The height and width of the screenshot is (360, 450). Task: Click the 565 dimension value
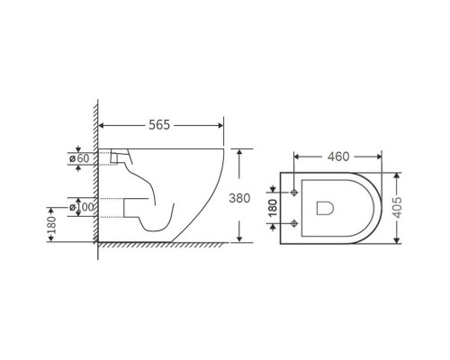pos(159,125)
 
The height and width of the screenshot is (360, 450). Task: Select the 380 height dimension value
pos(239,198)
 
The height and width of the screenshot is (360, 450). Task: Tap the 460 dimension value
pos(338,157)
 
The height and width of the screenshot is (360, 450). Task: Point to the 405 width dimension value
pos(397,207)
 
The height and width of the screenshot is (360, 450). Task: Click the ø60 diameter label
pos(79,158)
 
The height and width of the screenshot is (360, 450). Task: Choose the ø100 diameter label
pos(82,207)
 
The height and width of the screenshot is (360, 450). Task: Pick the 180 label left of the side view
pos(51,225)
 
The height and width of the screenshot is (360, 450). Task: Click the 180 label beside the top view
pos(273,208)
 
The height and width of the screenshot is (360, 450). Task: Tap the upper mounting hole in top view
pos(294,193)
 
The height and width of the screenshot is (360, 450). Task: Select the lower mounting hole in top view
pos(294,223)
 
